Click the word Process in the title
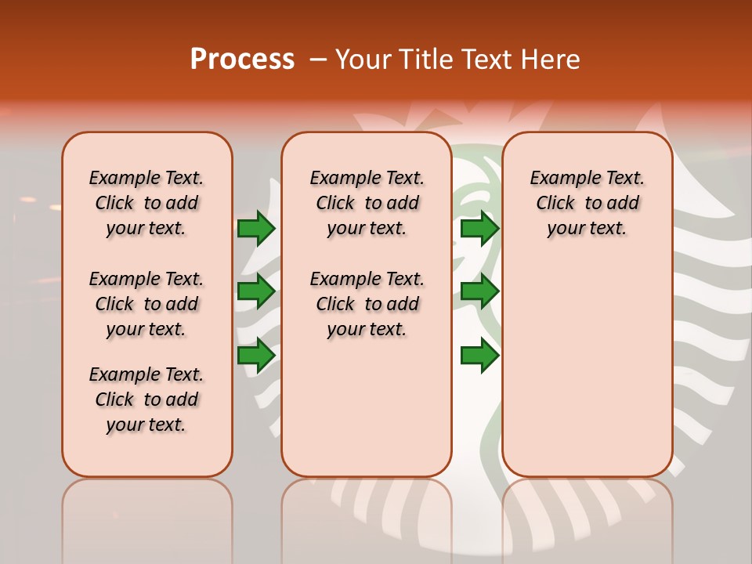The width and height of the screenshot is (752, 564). click(x=242, y=59)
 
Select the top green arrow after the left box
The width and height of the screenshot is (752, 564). click(x=255, y=229)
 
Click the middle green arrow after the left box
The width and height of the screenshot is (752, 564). click(x=255, y=291)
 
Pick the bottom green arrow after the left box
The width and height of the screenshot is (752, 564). click(x=255, y=355)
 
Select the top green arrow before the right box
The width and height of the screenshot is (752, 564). click(x=479, y=229)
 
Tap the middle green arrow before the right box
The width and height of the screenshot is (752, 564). click(x=479, y=291)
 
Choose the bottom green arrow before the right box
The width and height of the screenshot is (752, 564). click(x=479, y=355)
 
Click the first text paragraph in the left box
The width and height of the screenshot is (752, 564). click(x=146, y=203)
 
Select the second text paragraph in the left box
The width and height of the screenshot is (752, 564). click(x=146, y=304)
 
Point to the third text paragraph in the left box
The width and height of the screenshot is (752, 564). click(x=146, y=399)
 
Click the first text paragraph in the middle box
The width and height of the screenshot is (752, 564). click(x=367, y=203)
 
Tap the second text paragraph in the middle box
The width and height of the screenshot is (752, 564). click(x=367, y=304)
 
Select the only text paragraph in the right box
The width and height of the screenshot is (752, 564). click(x=587, y=203)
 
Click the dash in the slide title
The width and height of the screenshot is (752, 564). click(x=317, y=59)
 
